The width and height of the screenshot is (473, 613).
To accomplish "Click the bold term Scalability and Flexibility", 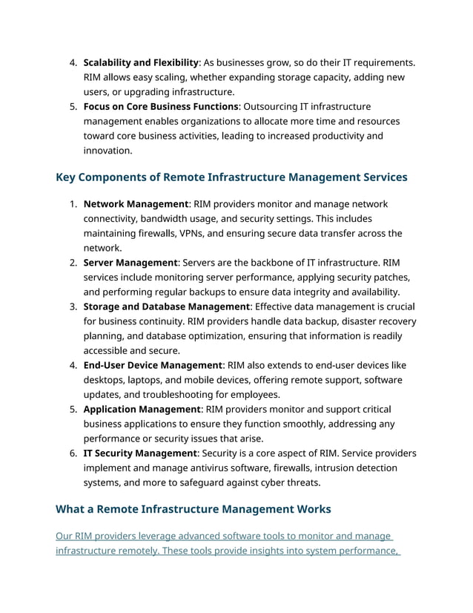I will (x=140, y=62).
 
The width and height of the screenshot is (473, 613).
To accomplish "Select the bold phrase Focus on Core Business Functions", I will (x=161, y=107).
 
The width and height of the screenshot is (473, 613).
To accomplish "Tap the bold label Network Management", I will (x=136, y=204).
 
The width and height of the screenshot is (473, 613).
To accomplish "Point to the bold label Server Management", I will (x=130, y=263).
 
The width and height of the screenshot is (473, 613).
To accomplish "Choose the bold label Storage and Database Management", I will (x=167, y=306).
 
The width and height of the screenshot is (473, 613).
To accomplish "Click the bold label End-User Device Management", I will (x=153, y=365).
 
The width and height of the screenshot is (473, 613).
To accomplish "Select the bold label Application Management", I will (x=142, y=409).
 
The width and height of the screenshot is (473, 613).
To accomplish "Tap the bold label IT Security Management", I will (x=140, y=453).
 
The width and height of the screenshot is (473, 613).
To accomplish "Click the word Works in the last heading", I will (x=313, y=509).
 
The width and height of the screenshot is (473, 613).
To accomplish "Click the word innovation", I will (x=107, y=151).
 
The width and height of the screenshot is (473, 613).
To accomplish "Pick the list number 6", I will (x=73, y=453).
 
